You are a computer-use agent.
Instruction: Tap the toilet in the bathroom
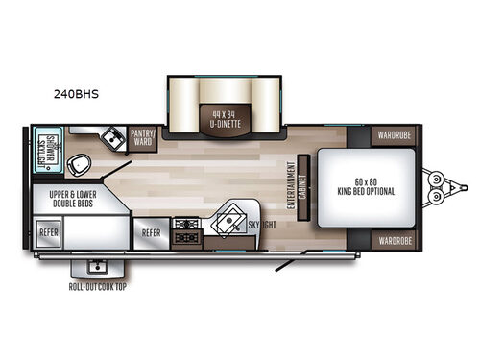tap(84, 161)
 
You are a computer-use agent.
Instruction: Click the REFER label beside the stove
tap(151, 231)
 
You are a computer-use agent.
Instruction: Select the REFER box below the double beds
tap(49, 231)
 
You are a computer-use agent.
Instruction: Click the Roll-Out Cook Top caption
tap(96, 286)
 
